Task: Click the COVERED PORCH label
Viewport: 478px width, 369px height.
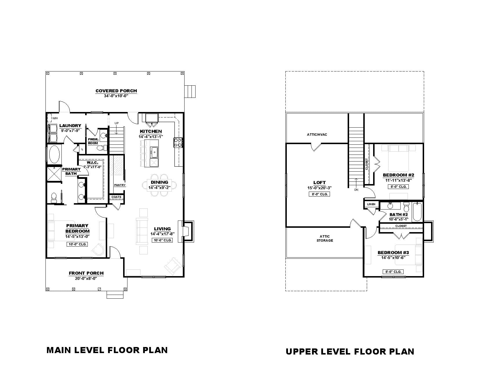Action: pyautogui.click(x=116, y=91)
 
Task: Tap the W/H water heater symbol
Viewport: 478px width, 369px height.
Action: pyautogui.click(x=49, y=118)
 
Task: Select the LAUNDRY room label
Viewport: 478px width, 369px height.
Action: pyautogui.click(x=70, y=126)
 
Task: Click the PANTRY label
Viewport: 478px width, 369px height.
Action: pyautogui.click(x=120, y=185)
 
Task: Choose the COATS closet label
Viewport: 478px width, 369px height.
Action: pyautogui.click(x=116, y=197)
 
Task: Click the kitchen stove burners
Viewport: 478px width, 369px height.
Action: pyautogui.click(x=178, y=142)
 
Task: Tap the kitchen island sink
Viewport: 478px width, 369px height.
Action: pyautogui.click(x=154, y=151)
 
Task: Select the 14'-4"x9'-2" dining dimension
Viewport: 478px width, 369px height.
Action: pyautogui.click(x=160, y=188)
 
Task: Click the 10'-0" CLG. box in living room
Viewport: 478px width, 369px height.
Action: pyautogui.click(x=162, y=240)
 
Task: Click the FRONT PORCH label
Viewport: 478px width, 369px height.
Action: pyautogui.click(x=86, y=273)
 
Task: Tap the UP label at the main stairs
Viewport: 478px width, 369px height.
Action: pyautogui.click(x=116, y=123)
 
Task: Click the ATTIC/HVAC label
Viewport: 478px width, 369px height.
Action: pyautogui.click(x=317, y=135)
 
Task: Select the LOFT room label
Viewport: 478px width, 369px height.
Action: pyautogui.click(x=320, y=183)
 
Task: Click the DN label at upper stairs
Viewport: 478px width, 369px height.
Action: pyautogui.click(x=356, y=190)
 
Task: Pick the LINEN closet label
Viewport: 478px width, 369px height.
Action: pyautogui.click(x=371, y=204)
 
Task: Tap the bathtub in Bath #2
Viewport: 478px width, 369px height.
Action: pyautogui.click(x=417, y=212)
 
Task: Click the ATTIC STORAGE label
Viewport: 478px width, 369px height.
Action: pyautogui.click(x=325, y=238)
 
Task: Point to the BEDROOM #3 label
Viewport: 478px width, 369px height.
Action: pyautogui.click(x=393, y=253)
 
